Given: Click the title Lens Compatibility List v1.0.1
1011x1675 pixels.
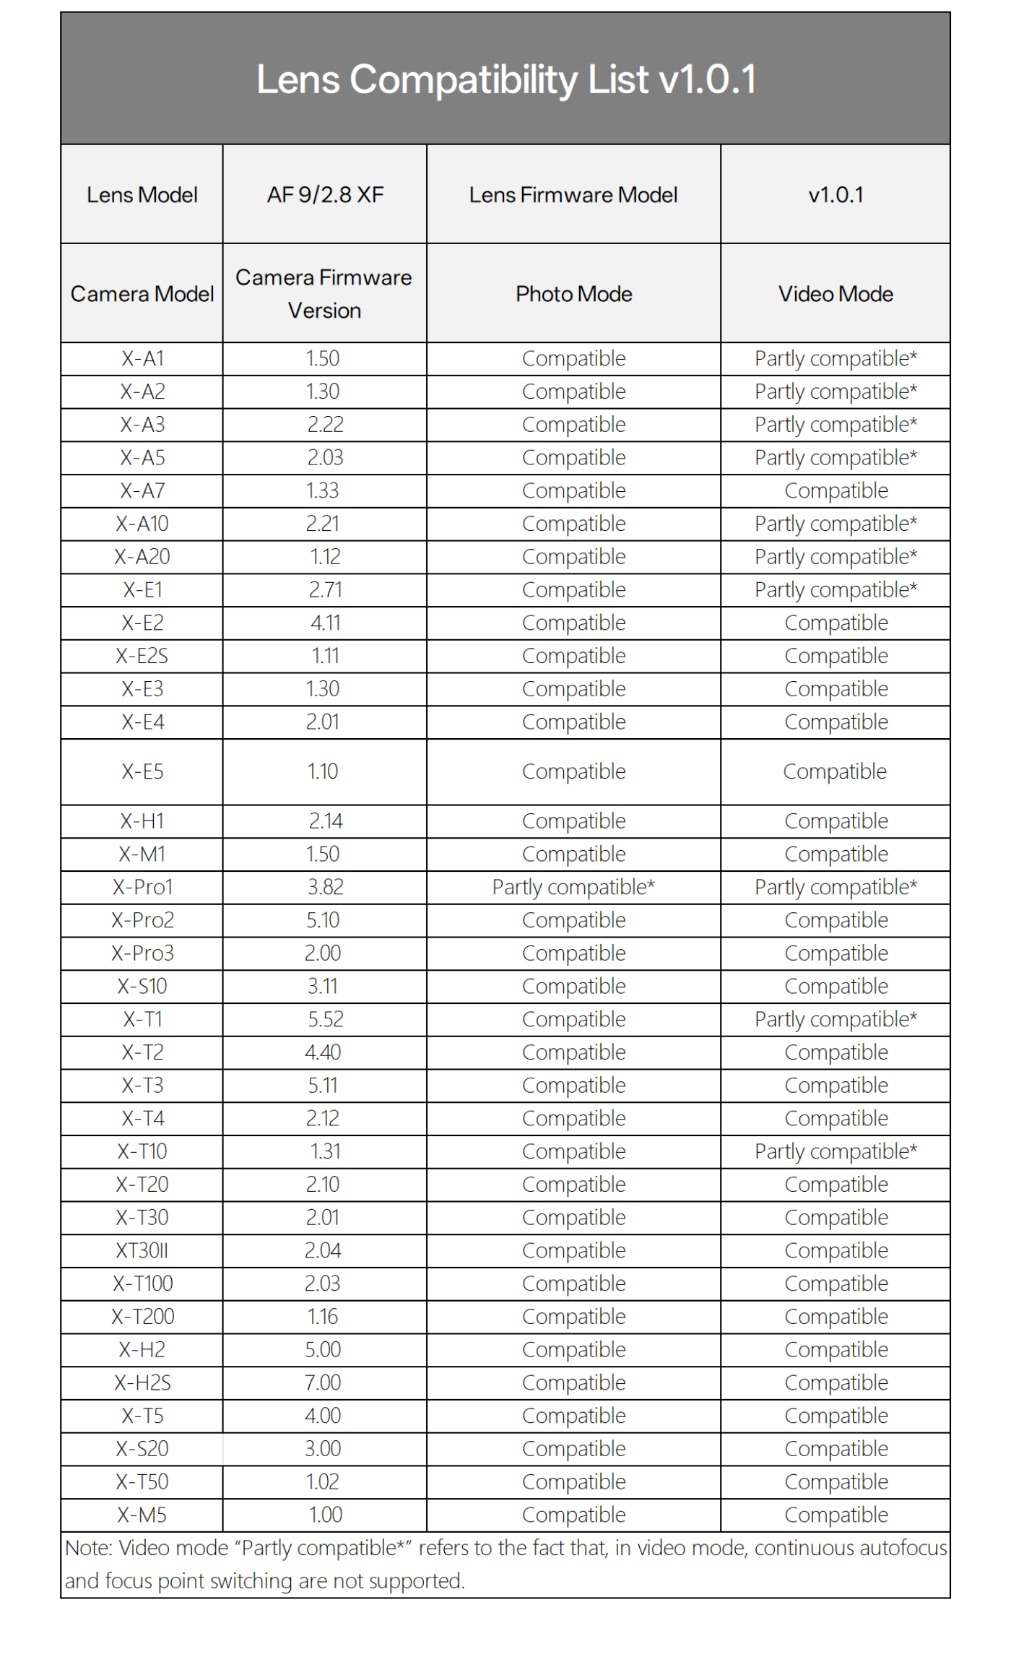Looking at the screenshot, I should (x=506, y=79).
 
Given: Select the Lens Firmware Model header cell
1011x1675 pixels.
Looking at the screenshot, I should (x=573, y=195).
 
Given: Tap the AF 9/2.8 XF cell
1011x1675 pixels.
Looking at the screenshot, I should (x=325, y=195).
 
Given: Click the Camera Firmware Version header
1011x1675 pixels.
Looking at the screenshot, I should (x=324, y=294).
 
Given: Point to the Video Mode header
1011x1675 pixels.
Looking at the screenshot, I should (x=836, y=294).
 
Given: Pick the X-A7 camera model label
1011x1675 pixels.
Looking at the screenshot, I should (x=142, y=491).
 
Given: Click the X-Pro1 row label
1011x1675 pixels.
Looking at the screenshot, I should (x=142, y=887).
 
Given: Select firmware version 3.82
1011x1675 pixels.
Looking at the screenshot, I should (x=325, y=887).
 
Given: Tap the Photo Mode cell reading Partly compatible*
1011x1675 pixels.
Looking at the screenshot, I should (x=573, y=887).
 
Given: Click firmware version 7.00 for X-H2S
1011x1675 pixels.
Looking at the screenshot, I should (x=323, y=1382).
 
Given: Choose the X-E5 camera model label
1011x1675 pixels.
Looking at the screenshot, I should (x=142, y=771).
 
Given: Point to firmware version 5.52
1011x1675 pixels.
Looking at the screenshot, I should (x=325, y=1019).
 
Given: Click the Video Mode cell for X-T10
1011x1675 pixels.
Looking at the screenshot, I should (x=836, y=1151).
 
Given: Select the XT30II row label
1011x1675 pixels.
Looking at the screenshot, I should (x=142, y=1250).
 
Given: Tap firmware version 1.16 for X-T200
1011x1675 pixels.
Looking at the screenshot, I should (x=323, y=1317).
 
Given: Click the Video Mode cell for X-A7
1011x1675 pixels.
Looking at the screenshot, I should (x=836, y=491).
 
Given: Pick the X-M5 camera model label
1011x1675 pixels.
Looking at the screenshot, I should (x=142, y=1515).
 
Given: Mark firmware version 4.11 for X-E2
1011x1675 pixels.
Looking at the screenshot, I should (x=325, y=623).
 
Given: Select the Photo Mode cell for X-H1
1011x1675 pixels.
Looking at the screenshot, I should (x=573, y=821).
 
